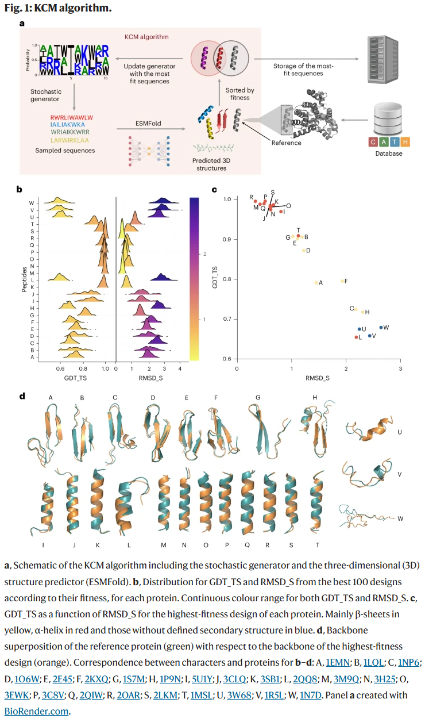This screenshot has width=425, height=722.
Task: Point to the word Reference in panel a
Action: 287,143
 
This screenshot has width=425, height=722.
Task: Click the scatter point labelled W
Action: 381,328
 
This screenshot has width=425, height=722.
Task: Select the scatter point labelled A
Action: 316,282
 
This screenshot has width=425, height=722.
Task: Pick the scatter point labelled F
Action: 342,281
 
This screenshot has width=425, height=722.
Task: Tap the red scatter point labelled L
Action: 356,337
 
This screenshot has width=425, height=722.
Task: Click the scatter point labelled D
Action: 304,250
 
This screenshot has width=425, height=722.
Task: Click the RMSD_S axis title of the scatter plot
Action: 316,378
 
